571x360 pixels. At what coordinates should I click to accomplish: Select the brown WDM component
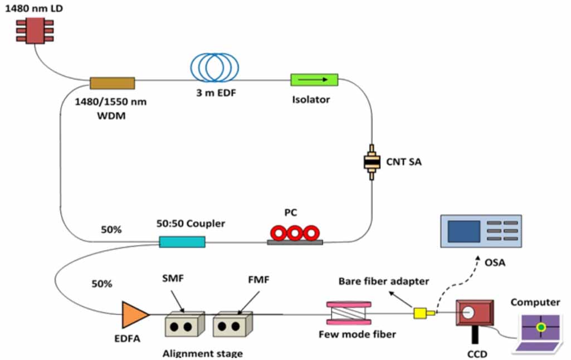pyautogui.click(x=112, y=83)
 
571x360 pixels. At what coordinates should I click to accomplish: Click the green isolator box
pyautogui.click(x=314, y=80)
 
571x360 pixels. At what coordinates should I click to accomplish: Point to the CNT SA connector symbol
pyautogui.click(x=370, y=162)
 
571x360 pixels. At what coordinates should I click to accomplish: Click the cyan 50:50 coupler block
pyautogui.click(x=182, y=242)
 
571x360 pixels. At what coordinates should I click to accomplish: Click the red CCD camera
pyautogui.click(x=474, y=314)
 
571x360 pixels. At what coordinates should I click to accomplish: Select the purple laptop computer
pyautogui.click(x=539, y=332)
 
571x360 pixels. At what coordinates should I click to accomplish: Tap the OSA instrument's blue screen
pyautogui.click(x=463, y=231)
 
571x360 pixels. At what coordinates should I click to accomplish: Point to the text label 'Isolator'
pyautogui.click(x=311, y=100)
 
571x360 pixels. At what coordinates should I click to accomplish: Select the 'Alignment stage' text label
pyautogui.click(x=202, y=353)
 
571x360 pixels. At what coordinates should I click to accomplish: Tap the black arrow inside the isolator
pyautogui.click(x=314, y=80)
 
